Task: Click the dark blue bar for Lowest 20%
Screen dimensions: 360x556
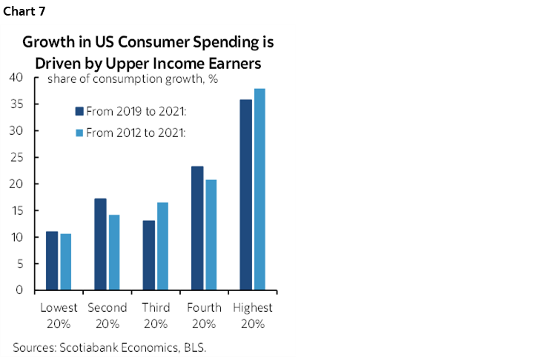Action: (x=52, y=261)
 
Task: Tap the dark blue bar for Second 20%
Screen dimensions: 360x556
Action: (x=100, y=244)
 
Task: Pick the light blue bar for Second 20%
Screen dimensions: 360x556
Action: (x=114, y=253)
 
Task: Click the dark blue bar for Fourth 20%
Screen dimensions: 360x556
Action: (x=197, y=228)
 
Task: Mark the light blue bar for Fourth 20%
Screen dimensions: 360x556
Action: (x=211, y=235)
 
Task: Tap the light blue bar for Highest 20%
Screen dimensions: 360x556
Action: (x=260, y=190)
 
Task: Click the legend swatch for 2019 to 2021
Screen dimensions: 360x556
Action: (x=79, y=111)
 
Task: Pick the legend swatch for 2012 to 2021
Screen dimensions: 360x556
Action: (x=79, y=133)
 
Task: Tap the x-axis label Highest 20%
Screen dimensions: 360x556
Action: (x=253, y=315)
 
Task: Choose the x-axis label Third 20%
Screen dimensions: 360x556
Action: (x=156, y=315)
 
